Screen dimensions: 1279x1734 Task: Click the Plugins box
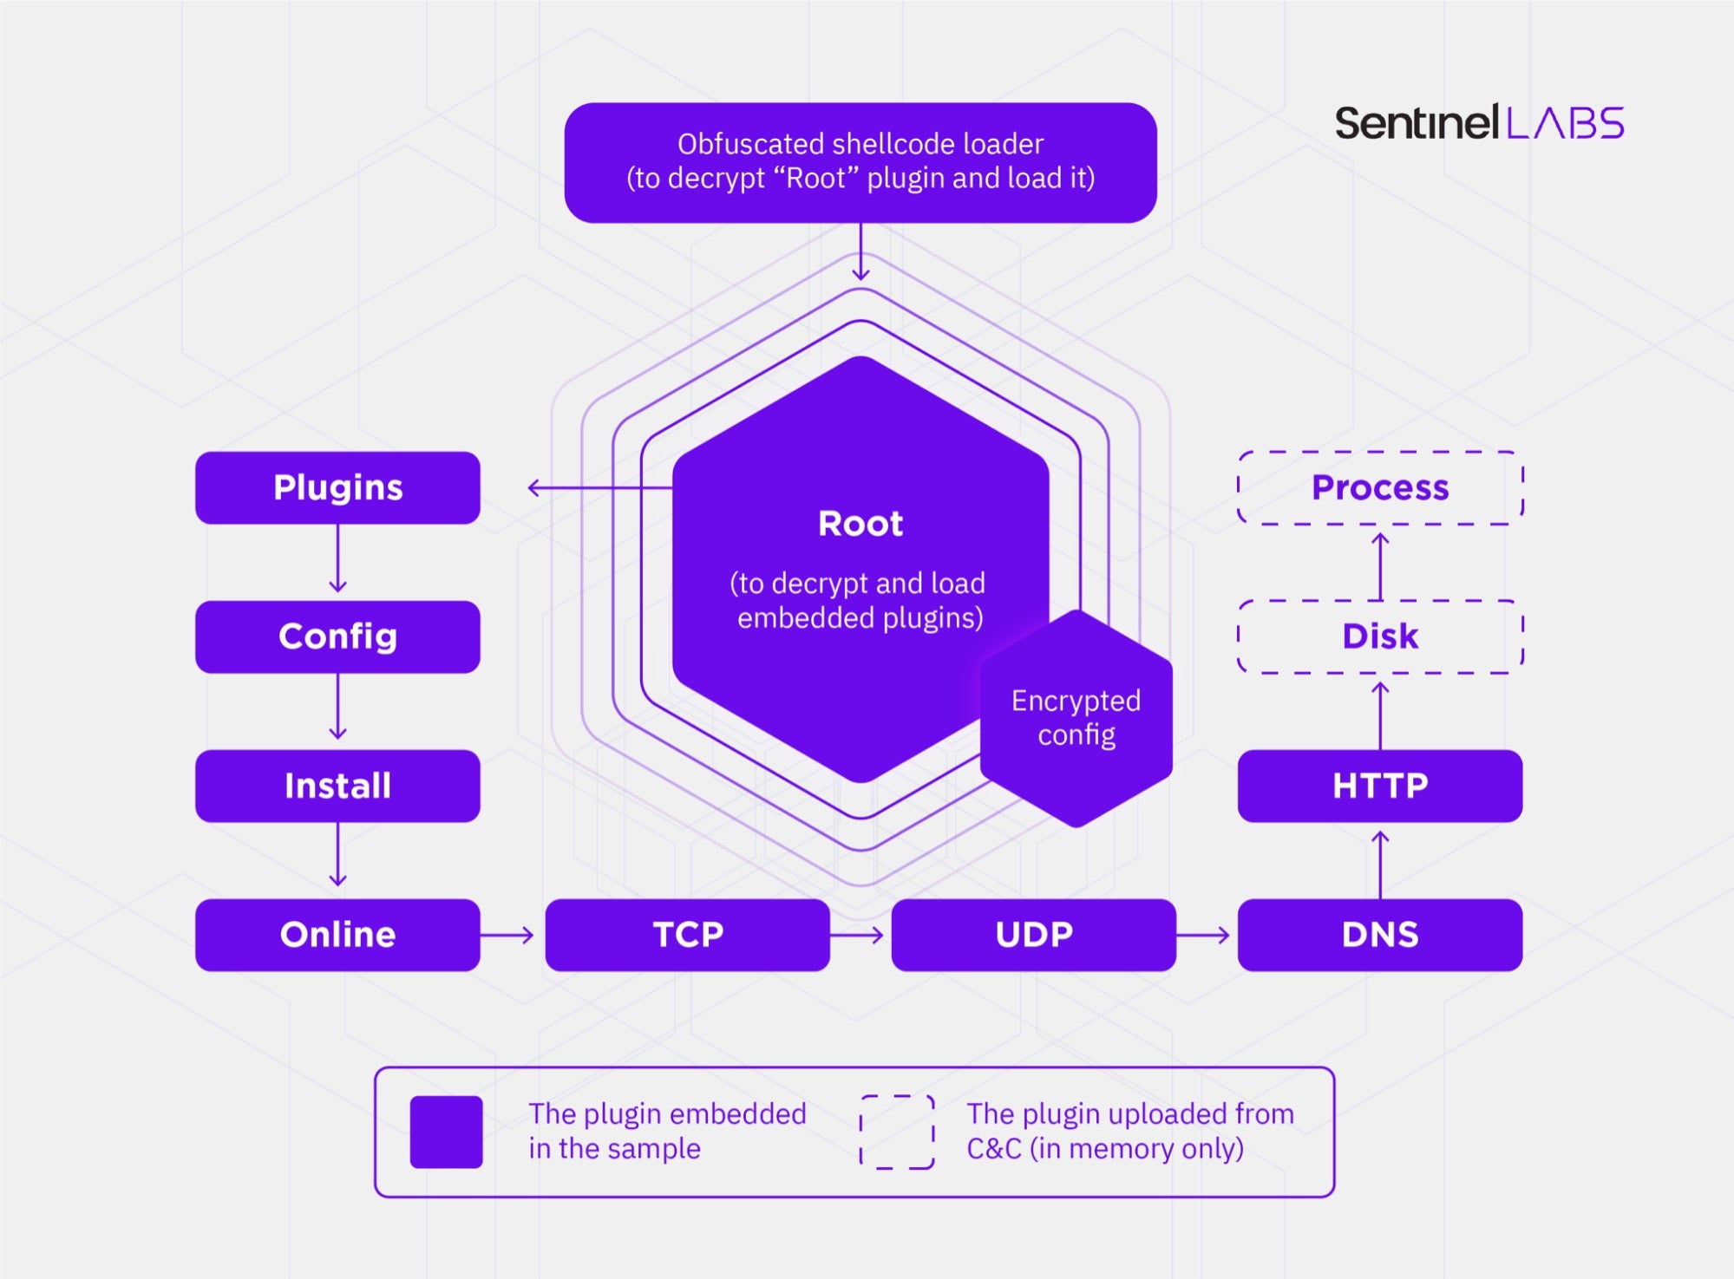point(337,487)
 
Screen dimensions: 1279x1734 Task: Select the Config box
point(337,636)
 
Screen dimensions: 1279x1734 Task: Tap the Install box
point(337,786)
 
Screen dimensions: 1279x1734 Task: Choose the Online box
point(337,935)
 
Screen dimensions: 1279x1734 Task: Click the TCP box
point(687,935)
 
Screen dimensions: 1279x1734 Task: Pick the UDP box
point(1033,935)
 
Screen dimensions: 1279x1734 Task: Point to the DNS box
point(1379,935)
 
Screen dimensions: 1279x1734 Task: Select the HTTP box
point(1379,786)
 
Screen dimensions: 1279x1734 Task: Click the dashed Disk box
point(1379,636)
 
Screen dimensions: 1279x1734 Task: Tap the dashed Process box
point(1379,487)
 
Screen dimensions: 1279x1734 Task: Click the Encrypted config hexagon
point(1076,718)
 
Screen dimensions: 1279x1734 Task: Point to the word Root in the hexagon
point(860,524)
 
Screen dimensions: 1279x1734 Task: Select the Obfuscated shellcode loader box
point(860,162)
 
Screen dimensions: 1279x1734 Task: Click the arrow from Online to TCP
point(507,935)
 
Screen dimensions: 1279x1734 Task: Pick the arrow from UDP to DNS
point(1204,935)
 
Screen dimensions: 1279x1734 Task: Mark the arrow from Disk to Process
point(1380,564)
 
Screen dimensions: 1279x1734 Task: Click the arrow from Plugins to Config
point(338,560)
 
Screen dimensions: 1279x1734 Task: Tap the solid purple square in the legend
point(446,1132)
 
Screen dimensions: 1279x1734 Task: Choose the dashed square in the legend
point(897,1132)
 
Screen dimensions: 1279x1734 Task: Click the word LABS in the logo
point(1566,123)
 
